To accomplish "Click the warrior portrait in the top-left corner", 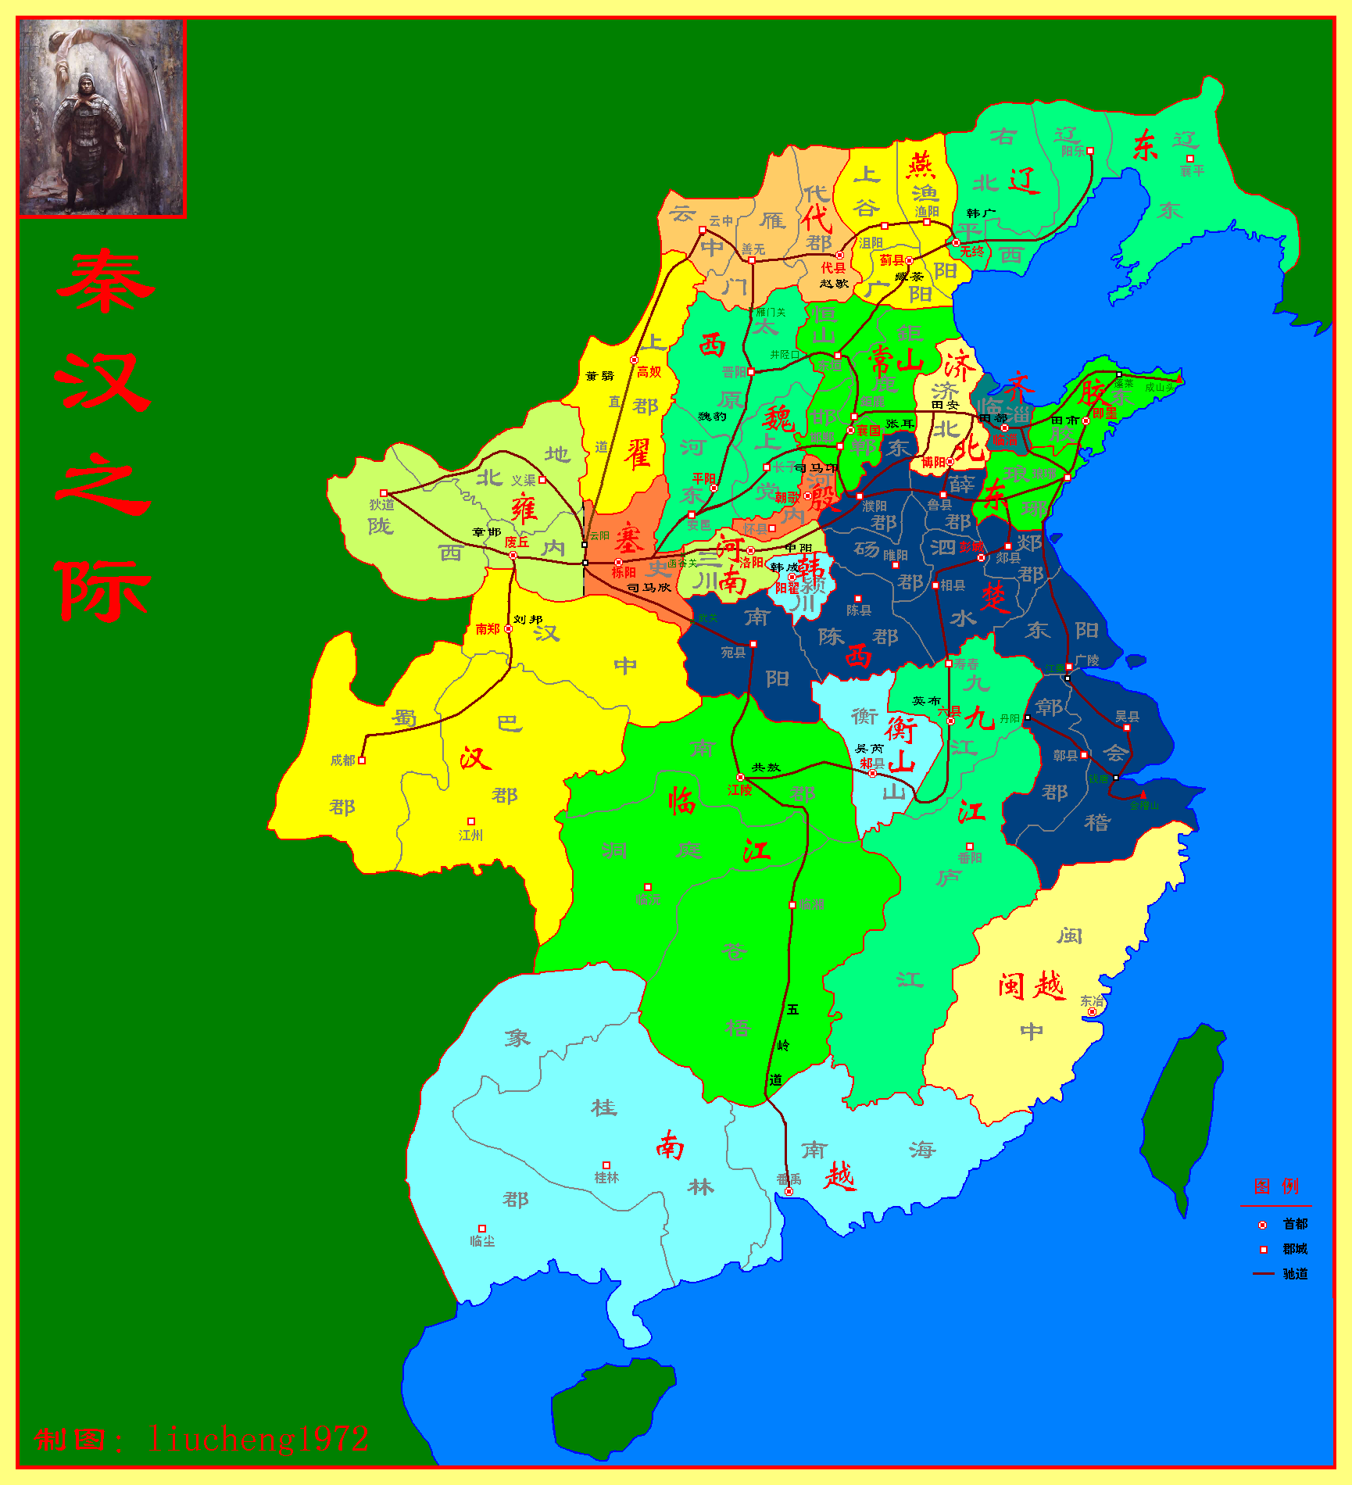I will coord(102,117).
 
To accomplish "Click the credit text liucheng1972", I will coord(258,1439).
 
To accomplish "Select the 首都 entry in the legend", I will coord(1294,1224).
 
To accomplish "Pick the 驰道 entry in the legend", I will coord(1294,1274).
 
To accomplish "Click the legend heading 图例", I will coord(1276,1186).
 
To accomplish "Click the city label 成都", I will coord(342,760).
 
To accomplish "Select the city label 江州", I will coord(470,836).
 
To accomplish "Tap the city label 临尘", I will coord(482,1241).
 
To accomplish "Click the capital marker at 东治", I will coord(1093,1012).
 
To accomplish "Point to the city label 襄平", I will coord(1192,171).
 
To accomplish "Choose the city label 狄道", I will coord(381,505).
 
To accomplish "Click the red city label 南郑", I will coord(487,629).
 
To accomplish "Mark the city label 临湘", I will coord(812,904).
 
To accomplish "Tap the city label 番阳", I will coord(970,858).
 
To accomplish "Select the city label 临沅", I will coord(648,900).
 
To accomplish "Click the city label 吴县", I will coord(1127,717).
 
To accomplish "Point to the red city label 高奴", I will coord(649,372).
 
